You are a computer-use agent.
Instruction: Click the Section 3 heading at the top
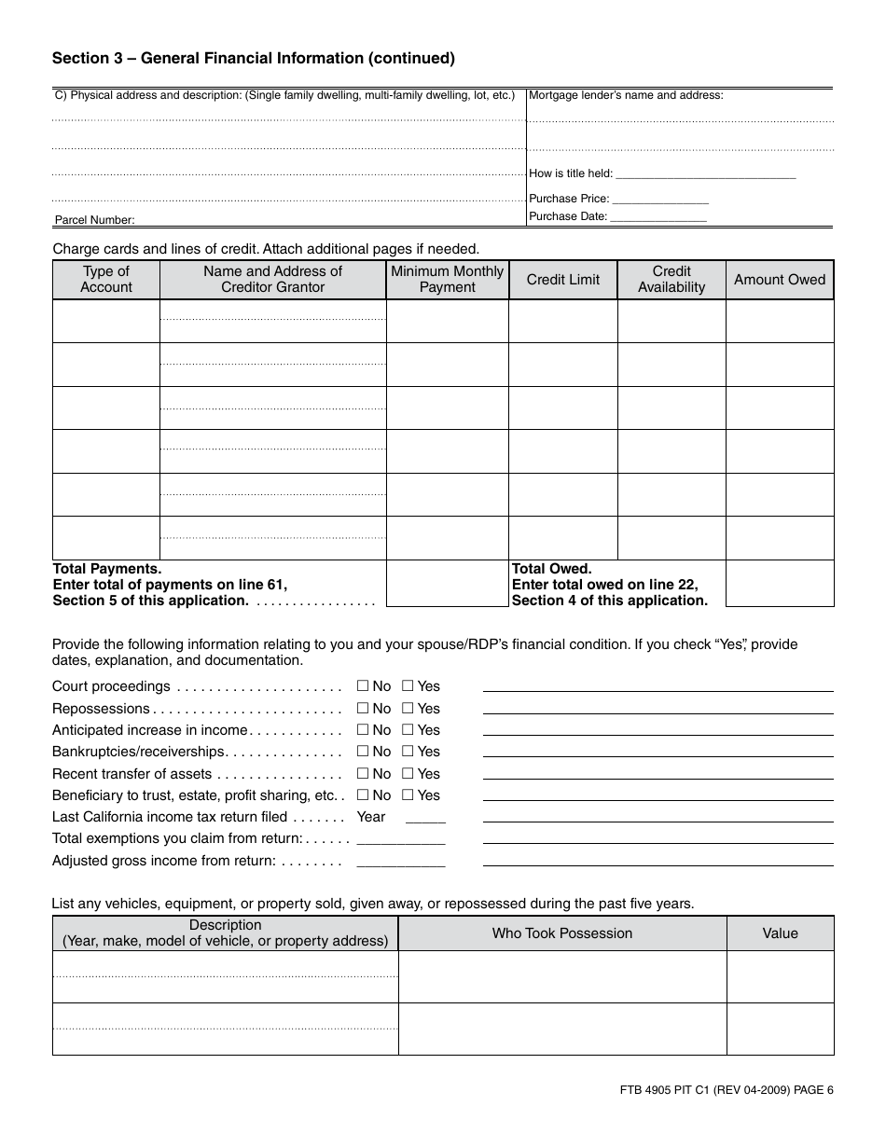point(254,58)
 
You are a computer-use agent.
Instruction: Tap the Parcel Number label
point(95,220)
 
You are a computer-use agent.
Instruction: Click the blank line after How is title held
point(706,174)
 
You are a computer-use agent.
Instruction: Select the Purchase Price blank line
point(660,200)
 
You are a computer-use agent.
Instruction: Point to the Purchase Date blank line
point(658,217)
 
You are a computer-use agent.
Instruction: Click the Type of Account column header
point(106,280)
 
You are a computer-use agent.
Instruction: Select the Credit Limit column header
point(563,280)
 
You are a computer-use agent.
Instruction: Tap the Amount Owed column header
point(780,280)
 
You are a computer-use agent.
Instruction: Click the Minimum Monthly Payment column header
point(448,280)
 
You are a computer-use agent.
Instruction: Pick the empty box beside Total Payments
point(448,584)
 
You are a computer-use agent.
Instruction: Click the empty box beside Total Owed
point(780,584)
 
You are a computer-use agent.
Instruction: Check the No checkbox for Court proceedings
point(363,686)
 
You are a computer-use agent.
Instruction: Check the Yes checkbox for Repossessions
point(408,709)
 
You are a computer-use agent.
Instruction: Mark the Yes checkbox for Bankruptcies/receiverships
point(408,752)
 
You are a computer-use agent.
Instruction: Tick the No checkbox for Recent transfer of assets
point(363,774)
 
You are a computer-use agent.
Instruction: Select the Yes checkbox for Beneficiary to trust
point(408,795)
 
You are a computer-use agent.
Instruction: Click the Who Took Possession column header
point(562,933)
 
